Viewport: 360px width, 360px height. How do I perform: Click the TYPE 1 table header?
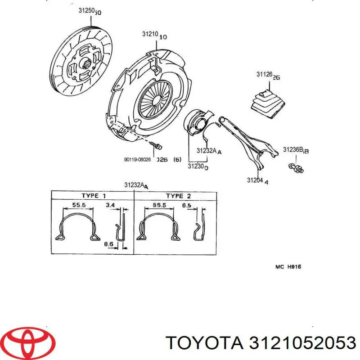(x=94, y=196)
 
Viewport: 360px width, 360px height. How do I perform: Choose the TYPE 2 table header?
(x=178, y=196)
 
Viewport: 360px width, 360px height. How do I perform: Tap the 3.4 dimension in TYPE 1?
(x=110, y=205)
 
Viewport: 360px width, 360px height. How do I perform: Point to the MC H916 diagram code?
(x=288, y=267)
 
